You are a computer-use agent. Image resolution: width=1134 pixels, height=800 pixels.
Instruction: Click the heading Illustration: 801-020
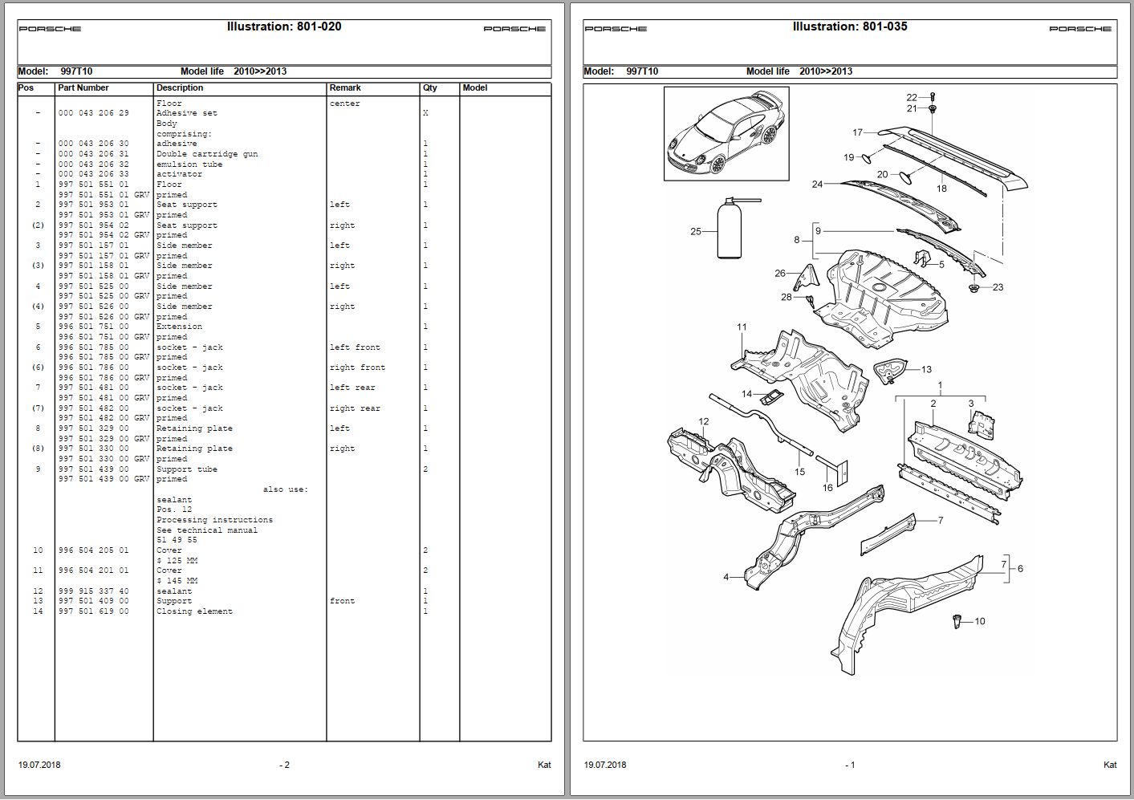[284, 26]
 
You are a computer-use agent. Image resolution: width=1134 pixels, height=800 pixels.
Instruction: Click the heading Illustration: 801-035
[850, 26]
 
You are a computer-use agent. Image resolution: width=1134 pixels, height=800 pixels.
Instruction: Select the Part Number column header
[83, 88]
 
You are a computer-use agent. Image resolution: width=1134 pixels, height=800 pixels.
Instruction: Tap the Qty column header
[430, 88]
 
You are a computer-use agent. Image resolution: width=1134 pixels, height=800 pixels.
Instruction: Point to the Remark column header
[345, 88]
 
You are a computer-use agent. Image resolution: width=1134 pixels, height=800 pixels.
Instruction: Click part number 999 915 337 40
[93, 591]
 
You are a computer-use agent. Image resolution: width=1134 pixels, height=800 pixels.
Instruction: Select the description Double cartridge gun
[207, 154]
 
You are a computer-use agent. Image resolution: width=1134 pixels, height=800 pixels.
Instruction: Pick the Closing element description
[194, 611]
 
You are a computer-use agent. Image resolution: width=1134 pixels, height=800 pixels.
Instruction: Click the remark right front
[357, 368]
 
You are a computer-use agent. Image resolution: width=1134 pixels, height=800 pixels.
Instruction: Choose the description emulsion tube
[189, 164]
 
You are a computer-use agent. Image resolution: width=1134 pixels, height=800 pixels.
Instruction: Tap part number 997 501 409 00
[93, 601]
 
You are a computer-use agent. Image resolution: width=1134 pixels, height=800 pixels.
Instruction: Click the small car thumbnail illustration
[726, 133]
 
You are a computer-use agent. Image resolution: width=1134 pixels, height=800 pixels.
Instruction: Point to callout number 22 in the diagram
[912, 98]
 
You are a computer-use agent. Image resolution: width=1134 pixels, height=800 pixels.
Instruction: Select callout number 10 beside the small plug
[979, 621]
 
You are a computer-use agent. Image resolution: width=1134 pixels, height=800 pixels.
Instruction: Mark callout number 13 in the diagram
[926, 370]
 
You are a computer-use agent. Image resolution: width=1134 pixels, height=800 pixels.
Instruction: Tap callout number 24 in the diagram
[817, 185]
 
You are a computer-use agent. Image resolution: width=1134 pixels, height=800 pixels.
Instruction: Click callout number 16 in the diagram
[827, 488]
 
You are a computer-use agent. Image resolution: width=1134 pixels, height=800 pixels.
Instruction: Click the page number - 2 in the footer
[284, 765]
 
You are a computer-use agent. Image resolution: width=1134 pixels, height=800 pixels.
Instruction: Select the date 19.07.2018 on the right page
[605, 765]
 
